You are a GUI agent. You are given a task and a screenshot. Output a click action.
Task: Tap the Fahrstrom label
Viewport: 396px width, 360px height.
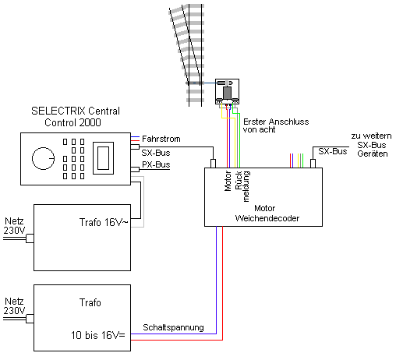coord(161,139)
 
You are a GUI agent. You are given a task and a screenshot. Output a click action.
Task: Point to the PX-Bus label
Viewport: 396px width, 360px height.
coord(156,164)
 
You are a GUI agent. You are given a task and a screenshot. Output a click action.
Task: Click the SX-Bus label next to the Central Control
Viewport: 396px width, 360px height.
coord(156,153)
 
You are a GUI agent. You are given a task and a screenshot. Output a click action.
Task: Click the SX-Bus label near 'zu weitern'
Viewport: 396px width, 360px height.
coord(333,151)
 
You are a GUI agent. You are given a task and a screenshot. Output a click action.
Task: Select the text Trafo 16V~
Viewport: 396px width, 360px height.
coord(104,222)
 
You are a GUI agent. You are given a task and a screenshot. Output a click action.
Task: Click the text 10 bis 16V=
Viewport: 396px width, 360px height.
coord(98,335)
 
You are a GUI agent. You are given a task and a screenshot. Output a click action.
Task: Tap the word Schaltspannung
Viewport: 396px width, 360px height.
coord(173,327)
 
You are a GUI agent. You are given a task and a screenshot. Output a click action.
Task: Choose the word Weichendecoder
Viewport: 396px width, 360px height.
coord(267,218)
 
